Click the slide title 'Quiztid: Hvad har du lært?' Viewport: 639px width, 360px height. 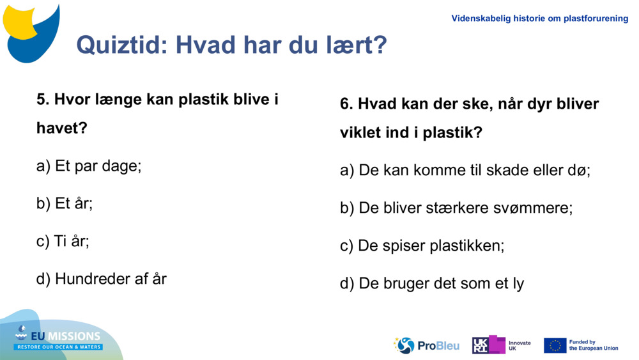click(x=231, y=45)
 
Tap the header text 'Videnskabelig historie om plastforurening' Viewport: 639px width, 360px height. click(x=539, y=19)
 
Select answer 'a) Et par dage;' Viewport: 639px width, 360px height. click(x=89, y=166)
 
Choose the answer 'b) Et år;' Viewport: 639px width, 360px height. click(x=65, y=204)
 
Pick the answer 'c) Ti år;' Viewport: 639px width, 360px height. click(x=63, y=241)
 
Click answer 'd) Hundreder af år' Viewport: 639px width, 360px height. click(x=102, y=279)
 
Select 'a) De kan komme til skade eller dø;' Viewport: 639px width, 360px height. click(x=465, y=171)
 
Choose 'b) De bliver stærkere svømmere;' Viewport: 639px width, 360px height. click(x=456, y=208)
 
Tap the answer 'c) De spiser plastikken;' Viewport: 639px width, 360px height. click(x=422, y=246)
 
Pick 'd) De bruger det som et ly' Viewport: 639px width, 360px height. click(x=431, y=283)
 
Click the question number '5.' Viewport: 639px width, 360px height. click(x=43, y=100)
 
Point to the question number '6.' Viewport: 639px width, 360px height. click(x=346, y=104)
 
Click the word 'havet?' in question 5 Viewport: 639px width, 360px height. click(x=61, y=129)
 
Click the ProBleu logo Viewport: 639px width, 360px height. click(x=426, y=345)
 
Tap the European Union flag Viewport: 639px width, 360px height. click(x=555, y=345)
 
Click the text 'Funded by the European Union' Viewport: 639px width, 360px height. click(x=593, y=345)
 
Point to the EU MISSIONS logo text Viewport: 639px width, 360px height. click(x=59, y=337)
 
